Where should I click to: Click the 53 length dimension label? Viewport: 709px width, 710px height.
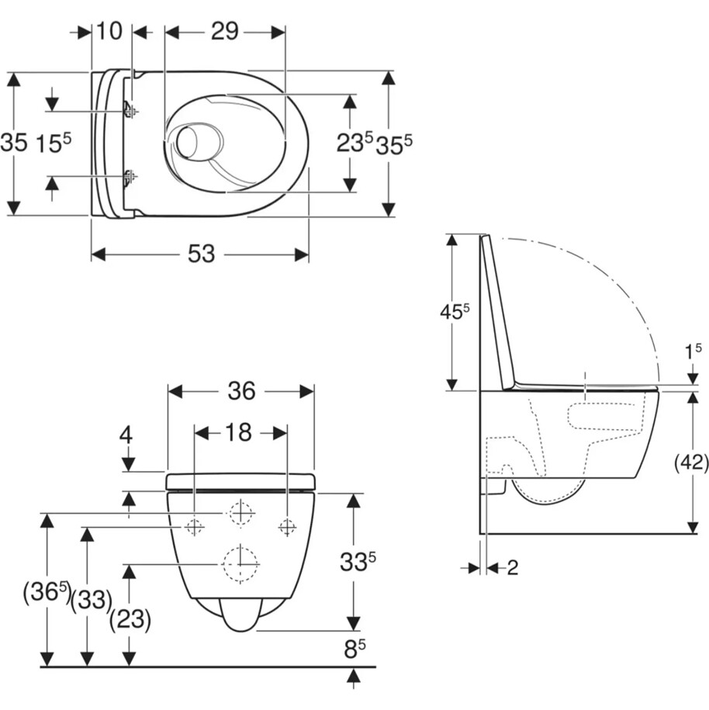click(x=202, y=254)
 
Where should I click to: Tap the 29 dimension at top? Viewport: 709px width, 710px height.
click(x=224, y=32)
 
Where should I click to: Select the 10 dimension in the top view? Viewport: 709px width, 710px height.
click(x=109, y=31)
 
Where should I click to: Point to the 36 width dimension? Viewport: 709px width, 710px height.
click(x=241, y=391)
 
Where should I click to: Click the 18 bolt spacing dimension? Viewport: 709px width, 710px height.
click(x=239, y=432)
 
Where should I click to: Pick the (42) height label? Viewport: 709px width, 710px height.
click(x=691, y=462)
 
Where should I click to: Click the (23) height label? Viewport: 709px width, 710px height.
click(x=130, y=619)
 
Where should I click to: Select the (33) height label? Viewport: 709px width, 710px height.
click(x=92, y=601)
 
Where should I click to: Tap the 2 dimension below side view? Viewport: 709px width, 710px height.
click(x=512, y=567)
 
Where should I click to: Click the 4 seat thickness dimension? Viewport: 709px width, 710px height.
click(x=126, y=435)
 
